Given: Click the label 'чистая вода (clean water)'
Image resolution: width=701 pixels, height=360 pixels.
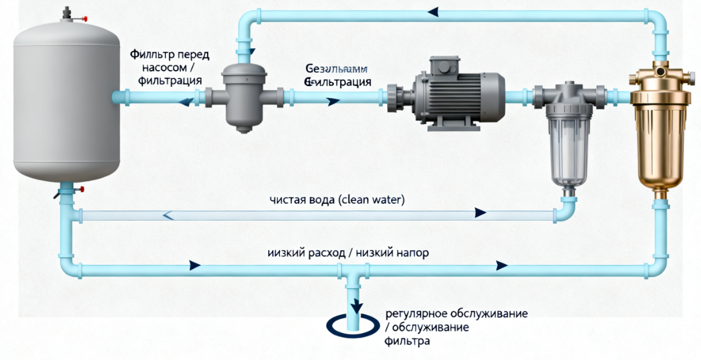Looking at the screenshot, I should point(337,199).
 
